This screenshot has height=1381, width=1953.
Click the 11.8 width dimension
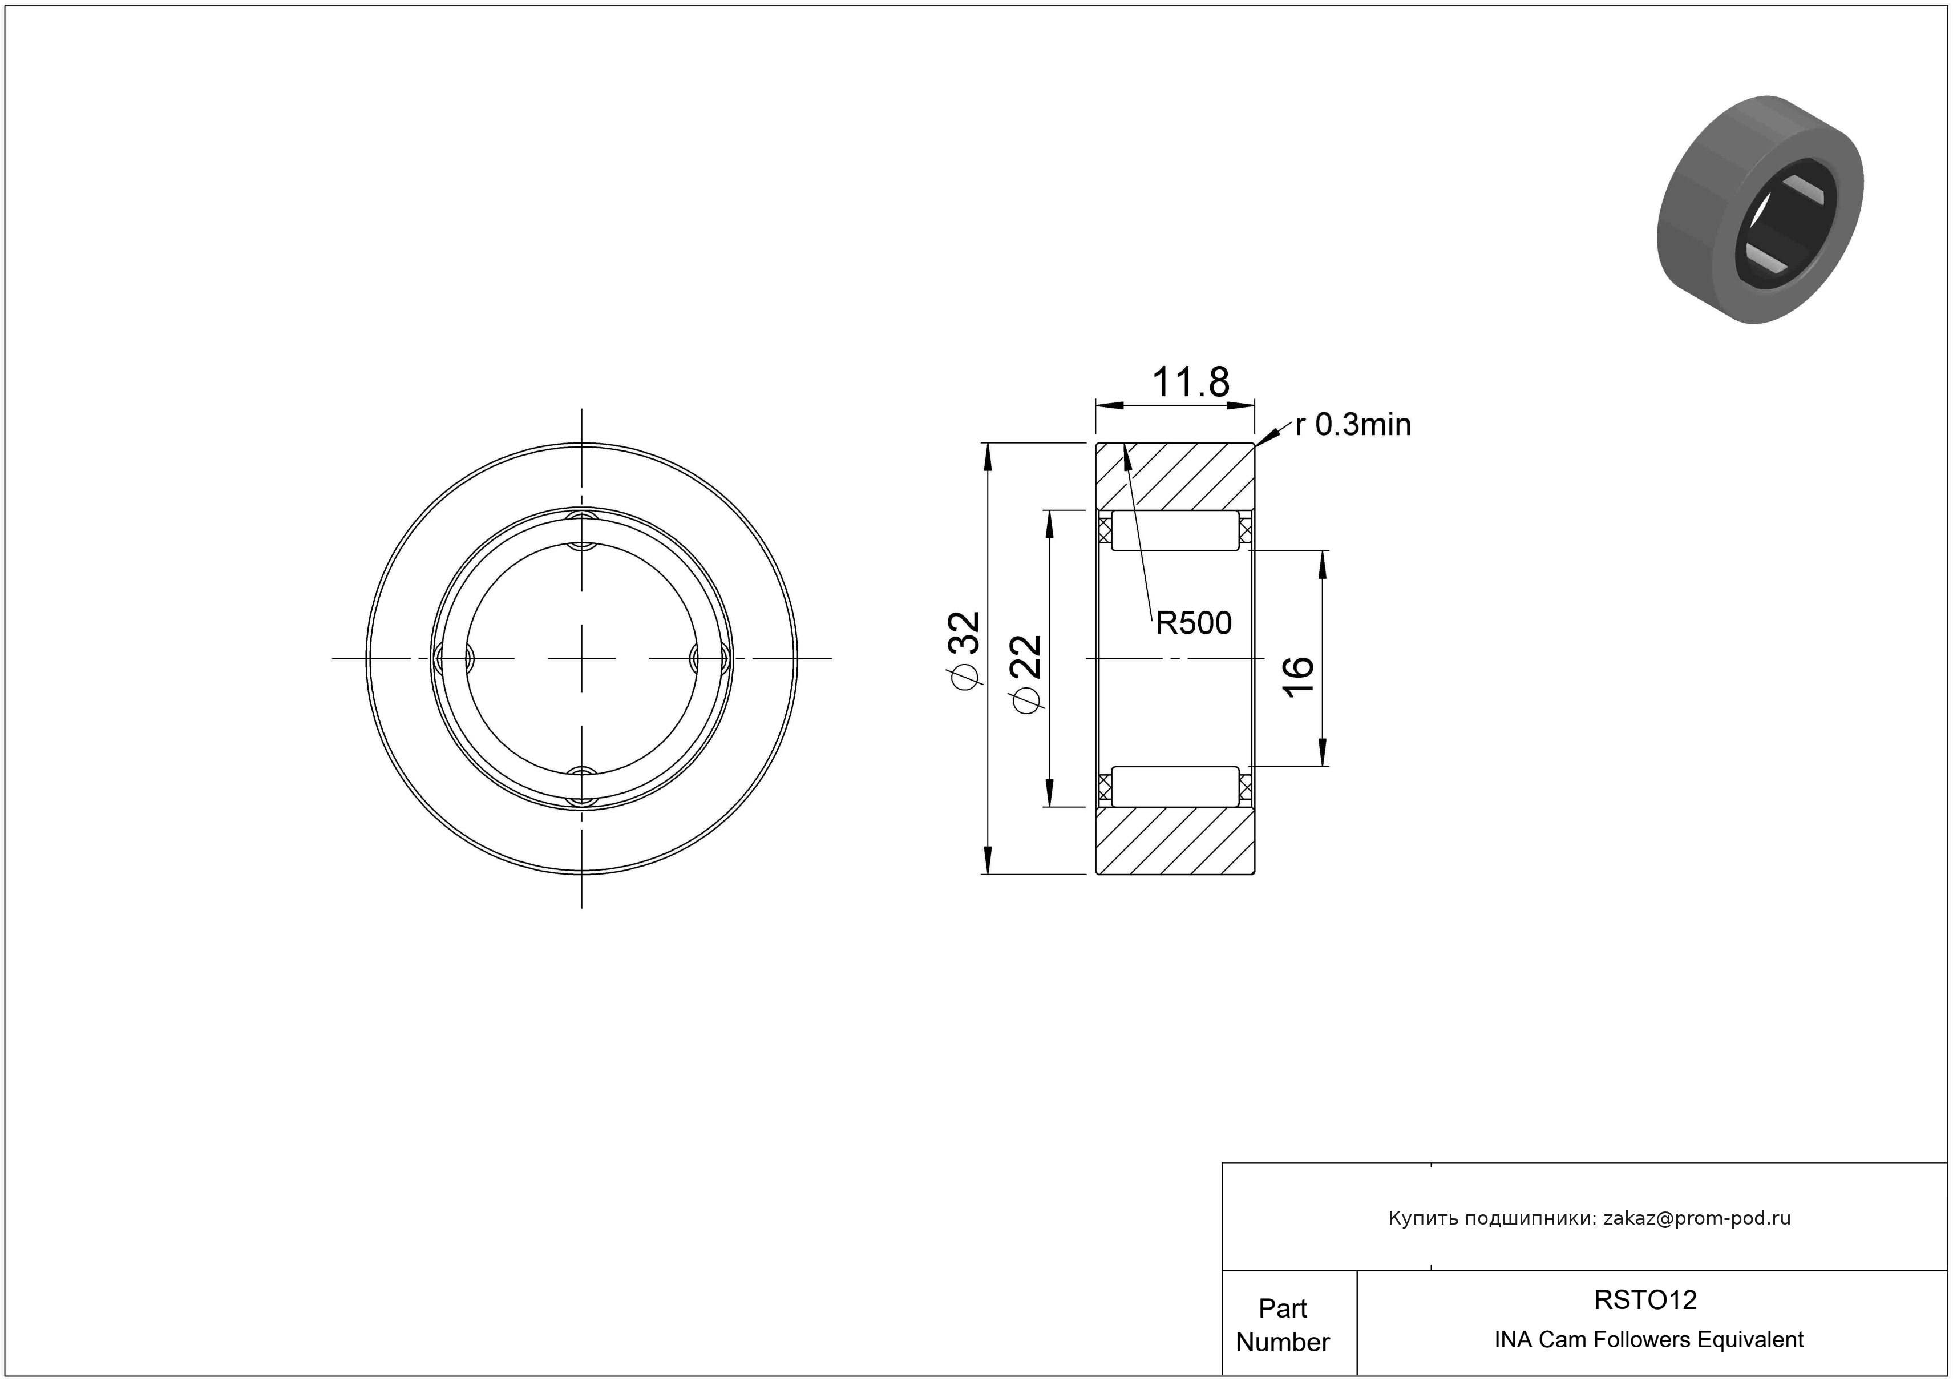1190,383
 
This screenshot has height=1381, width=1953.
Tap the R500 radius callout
1194,623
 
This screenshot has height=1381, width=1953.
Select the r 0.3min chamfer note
1352,425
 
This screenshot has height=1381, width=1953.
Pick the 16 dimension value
1299,677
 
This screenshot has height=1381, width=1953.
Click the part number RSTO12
1645,1299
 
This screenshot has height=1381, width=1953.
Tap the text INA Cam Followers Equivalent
1648,1339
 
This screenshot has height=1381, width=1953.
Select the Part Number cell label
1283,1325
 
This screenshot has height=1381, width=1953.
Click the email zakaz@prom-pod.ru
1697,1218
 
